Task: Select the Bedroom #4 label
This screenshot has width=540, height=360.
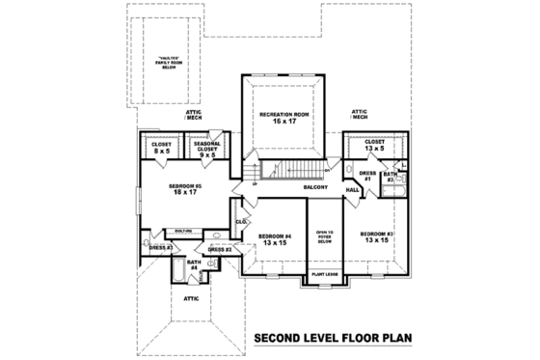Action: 274,235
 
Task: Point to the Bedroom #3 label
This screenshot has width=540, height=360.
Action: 376,235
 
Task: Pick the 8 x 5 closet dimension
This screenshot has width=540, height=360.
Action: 161,152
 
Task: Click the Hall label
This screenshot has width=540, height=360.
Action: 353,190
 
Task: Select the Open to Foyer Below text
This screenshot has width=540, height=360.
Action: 323,237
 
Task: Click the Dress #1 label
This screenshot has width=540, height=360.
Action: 367,176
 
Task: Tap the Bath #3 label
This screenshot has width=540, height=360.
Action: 389,178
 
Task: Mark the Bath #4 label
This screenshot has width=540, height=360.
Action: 194,263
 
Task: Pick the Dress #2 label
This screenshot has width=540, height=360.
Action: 220,249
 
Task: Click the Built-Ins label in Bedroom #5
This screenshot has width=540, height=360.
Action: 181,231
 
